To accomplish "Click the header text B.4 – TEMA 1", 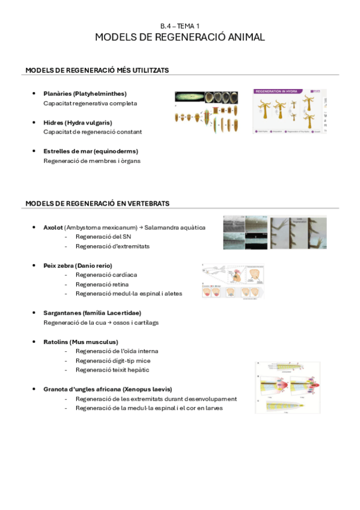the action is click(x=180, y=26).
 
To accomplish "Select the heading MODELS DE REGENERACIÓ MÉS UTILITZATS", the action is click(x=97, y=70).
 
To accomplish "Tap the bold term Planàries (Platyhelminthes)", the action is click(x=85, y=93).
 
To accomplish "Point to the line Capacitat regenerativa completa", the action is click(x=90, y=103).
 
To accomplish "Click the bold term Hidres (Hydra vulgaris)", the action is click(x=78, y=122).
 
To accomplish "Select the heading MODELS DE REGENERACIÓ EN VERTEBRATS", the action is click(x=97, y=203).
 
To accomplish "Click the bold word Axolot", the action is click(x=53, y=227).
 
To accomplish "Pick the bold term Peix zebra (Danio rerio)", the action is click(x=78, y=265).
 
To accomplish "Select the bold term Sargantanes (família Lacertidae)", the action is click(x=93, y=313).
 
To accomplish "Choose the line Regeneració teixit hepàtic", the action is click(x=112, y=370).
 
